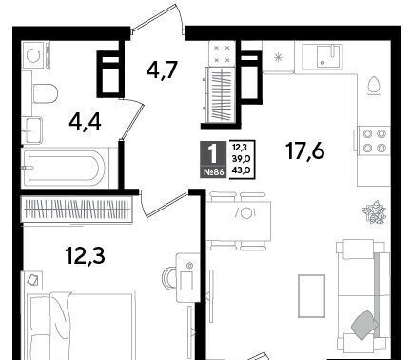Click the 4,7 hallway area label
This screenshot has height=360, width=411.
coord(161,70)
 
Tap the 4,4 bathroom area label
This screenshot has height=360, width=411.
coord(85,122)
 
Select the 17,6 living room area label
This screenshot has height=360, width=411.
coord(305,150)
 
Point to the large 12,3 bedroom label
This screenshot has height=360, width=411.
coord(86,256)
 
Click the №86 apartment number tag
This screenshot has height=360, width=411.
coord(213,171)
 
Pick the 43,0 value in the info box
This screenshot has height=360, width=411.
coord(241,170)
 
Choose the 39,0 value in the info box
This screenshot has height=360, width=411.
coord(241,159)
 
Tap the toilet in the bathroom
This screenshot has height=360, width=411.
coord(45,93)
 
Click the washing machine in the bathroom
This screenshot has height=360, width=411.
coord(36,55)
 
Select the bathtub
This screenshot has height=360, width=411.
coord(65,168)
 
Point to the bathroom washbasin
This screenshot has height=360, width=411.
coord(31,130)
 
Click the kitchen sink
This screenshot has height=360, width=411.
coord(322,56)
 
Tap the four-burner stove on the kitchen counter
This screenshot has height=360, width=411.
coord(374,141)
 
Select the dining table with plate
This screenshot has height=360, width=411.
coord(239,221)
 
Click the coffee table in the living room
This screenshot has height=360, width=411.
coord(311,295)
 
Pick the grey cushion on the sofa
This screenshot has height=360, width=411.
coord(364,324)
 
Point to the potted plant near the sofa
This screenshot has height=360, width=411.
coord(374,211)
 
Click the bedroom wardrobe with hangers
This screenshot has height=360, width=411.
coord(76,209)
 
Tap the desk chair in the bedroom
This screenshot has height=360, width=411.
coord(169,278)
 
